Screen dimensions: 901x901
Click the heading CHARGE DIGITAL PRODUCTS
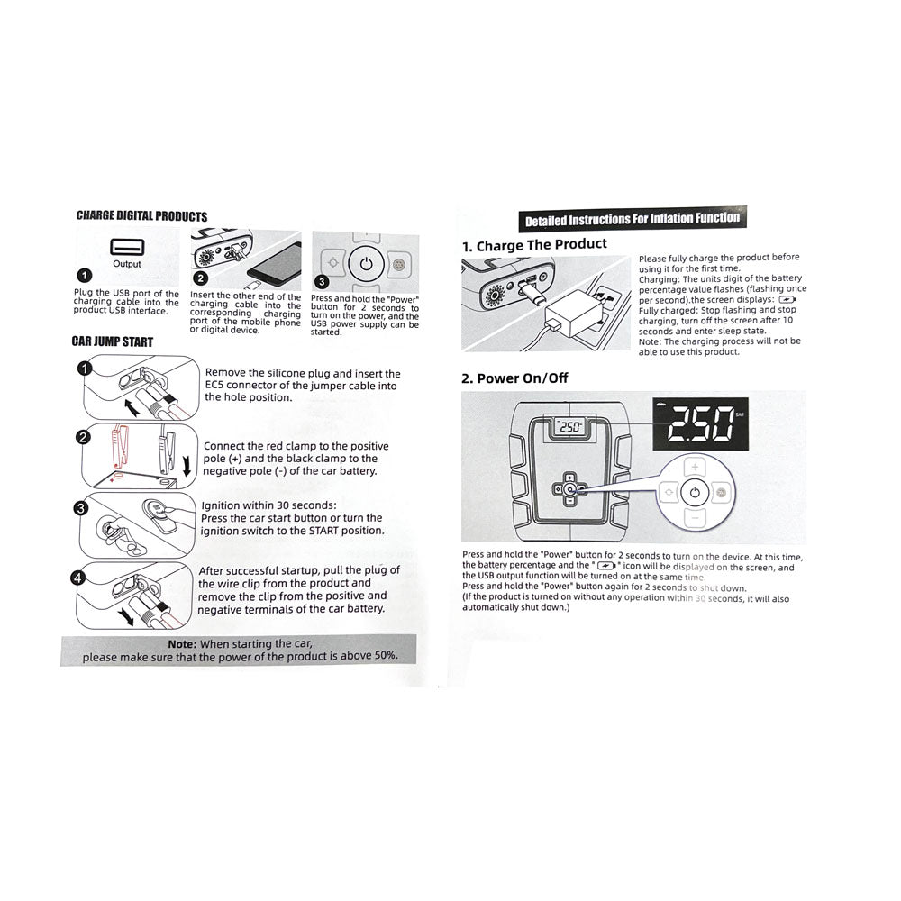click(x=141, y=216)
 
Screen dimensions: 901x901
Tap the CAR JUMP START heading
click(x=113, y=341)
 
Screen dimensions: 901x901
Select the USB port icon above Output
click(x=127, y=246)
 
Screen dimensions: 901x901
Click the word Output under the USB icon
click(x=127, y=265)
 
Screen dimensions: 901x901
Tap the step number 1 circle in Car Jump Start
click(x=84, y=369)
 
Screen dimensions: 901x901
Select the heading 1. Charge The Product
click(x=534, y=245)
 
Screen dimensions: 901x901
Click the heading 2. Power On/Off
click(x=514, y=378)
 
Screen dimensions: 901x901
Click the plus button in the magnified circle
click(x=694, y=467)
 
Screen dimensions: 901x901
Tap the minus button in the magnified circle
click(x=694, y=518)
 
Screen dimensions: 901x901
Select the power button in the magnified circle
click(x=694, y=493)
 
